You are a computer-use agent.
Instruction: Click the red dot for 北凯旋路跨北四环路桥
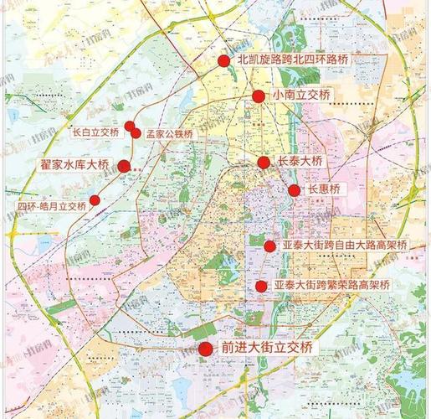point(223,60)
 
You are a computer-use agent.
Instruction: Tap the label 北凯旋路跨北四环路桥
point(292,60)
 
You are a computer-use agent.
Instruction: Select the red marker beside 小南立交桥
point(259,96)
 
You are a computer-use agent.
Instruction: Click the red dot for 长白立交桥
point(130,127)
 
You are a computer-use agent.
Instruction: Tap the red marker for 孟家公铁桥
point(136,132)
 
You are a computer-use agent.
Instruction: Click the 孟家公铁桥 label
point(170,134)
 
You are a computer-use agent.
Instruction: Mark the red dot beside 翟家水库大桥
point(124,166)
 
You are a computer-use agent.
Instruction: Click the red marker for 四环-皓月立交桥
point(95,200)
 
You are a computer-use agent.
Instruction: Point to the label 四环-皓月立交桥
point(52,206)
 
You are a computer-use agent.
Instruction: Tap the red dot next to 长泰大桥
point(264,163)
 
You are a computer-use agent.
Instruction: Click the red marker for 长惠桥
point(295,190)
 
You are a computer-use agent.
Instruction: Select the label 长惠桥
point(325,190)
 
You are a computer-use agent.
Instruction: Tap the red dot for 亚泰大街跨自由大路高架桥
point(269,246)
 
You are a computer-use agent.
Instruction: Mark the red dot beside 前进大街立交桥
point(205,348)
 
